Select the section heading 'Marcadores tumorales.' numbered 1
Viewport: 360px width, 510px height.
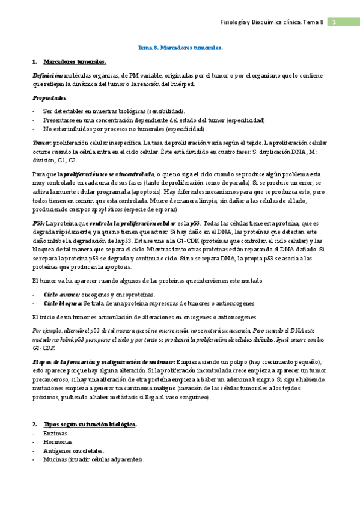pyautogui.click(x=75, y=61)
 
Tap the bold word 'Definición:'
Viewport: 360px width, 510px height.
pyautogui.click(x=47, y=75)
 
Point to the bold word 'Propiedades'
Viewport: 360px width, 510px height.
pyautogui.click(x=49, y=97)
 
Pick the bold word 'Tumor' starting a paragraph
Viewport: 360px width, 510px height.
pyautogui.click(x=41, y=143)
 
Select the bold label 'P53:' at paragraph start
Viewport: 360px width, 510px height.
pyautogui.click(x=38, y=223)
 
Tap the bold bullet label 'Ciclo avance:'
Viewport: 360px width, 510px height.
pyautogui.click(x=62, y=295)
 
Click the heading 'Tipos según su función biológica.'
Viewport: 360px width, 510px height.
pyautogui.click(x=90, y=425)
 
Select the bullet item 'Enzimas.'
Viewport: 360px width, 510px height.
pyautogui.click(x=56, y=433)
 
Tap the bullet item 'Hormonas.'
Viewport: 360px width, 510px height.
pyautogui.click(x=58, y=442)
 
